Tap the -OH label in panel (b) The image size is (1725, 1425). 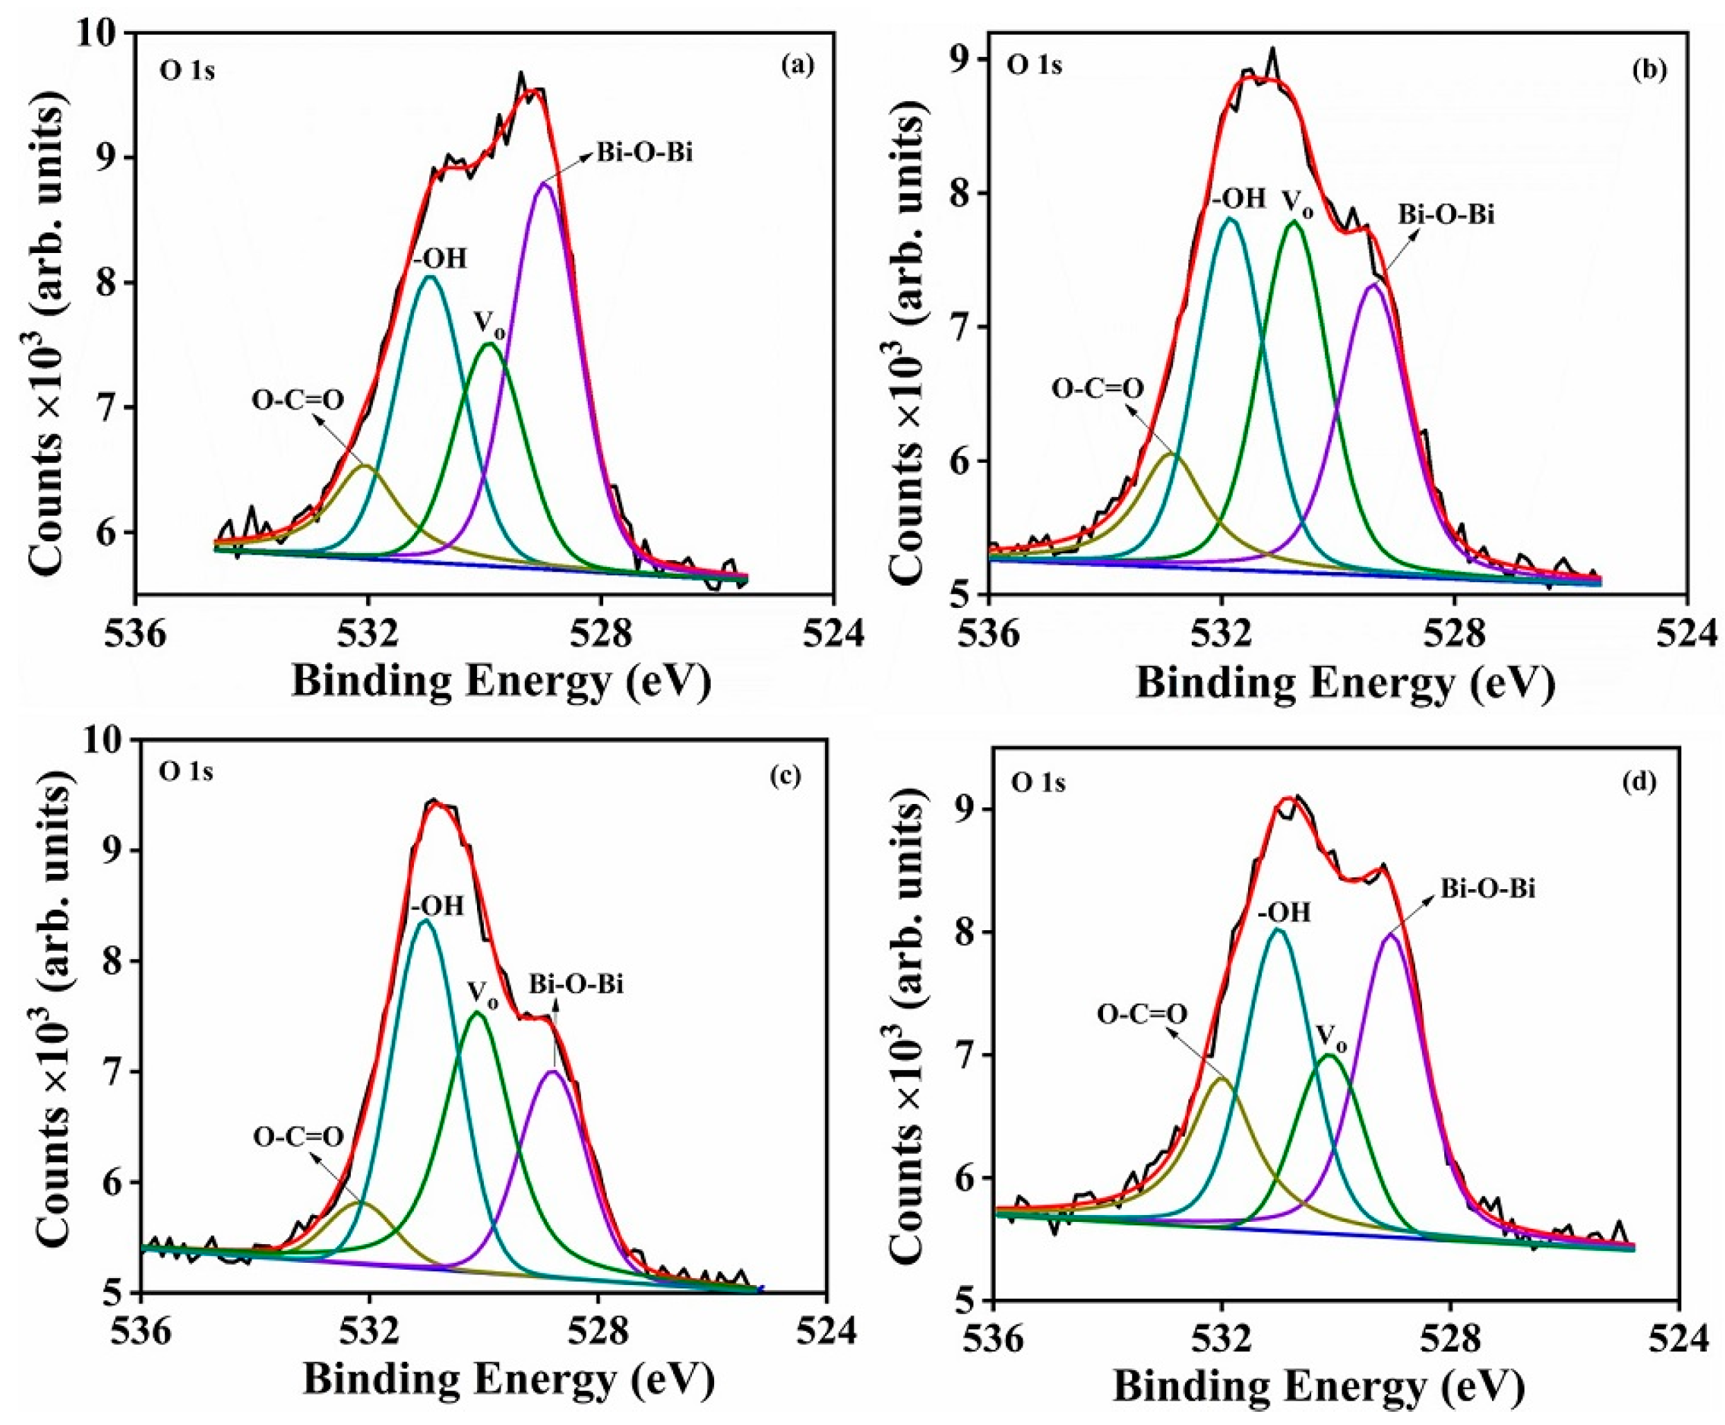(x=1239, y=200)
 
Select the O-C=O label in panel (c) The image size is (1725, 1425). (x=297, y=1137)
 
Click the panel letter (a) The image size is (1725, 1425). (x=797, y=67)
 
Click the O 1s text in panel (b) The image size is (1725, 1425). (x=1034, y=65)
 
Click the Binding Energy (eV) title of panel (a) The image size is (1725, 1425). (x=501, y=681)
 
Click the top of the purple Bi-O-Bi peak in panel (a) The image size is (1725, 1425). (x=544, y=183)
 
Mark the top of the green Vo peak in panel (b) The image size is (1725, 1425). (x=1294, y=221)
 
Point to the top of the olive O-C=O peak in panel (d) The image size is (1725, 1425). (x=1222, y=1101)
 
